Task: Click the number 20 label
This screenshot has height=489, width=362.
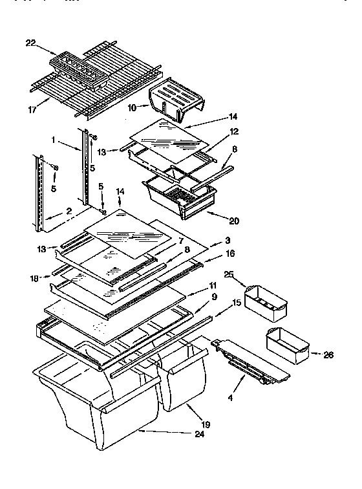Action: click(x=233, y=221)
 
